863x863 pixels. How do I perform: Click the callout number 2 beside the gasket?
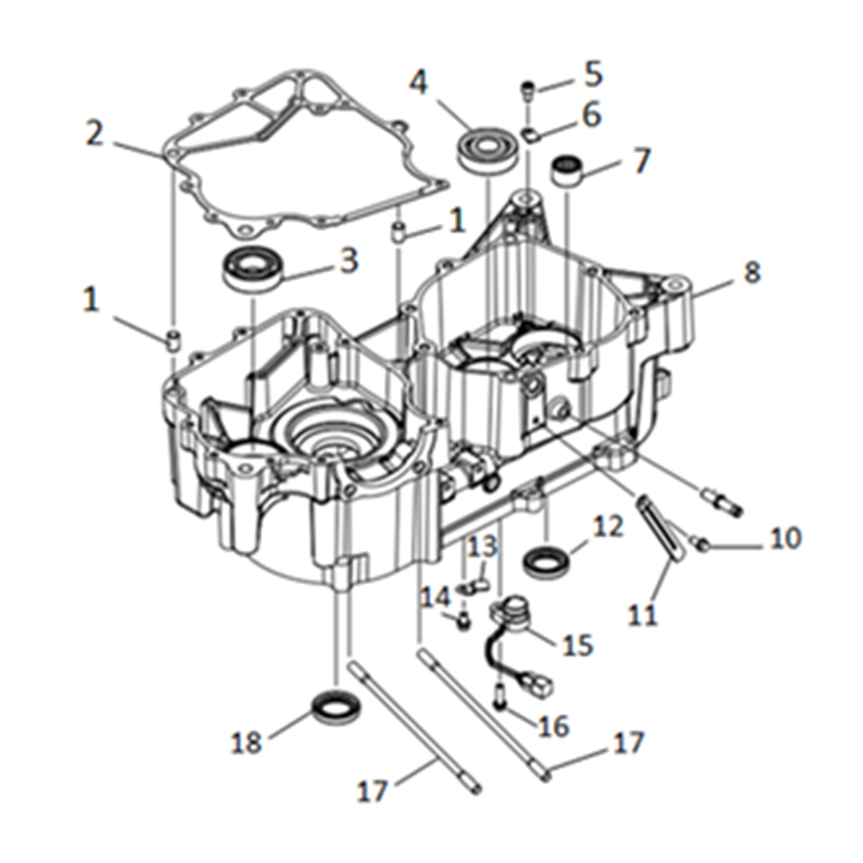[x=95, y=133]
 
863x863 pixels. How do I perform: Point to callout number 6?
[x=591, y=115]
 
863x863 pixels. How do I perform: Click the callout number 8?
[x=752, y=272]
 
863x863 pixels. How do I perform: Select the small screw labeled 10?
[x=703, y=546]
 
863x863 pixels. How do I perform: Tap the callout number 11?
[x=642, y=614]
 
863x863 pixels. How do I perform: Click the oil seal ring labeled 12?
[x=546, y=562]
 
